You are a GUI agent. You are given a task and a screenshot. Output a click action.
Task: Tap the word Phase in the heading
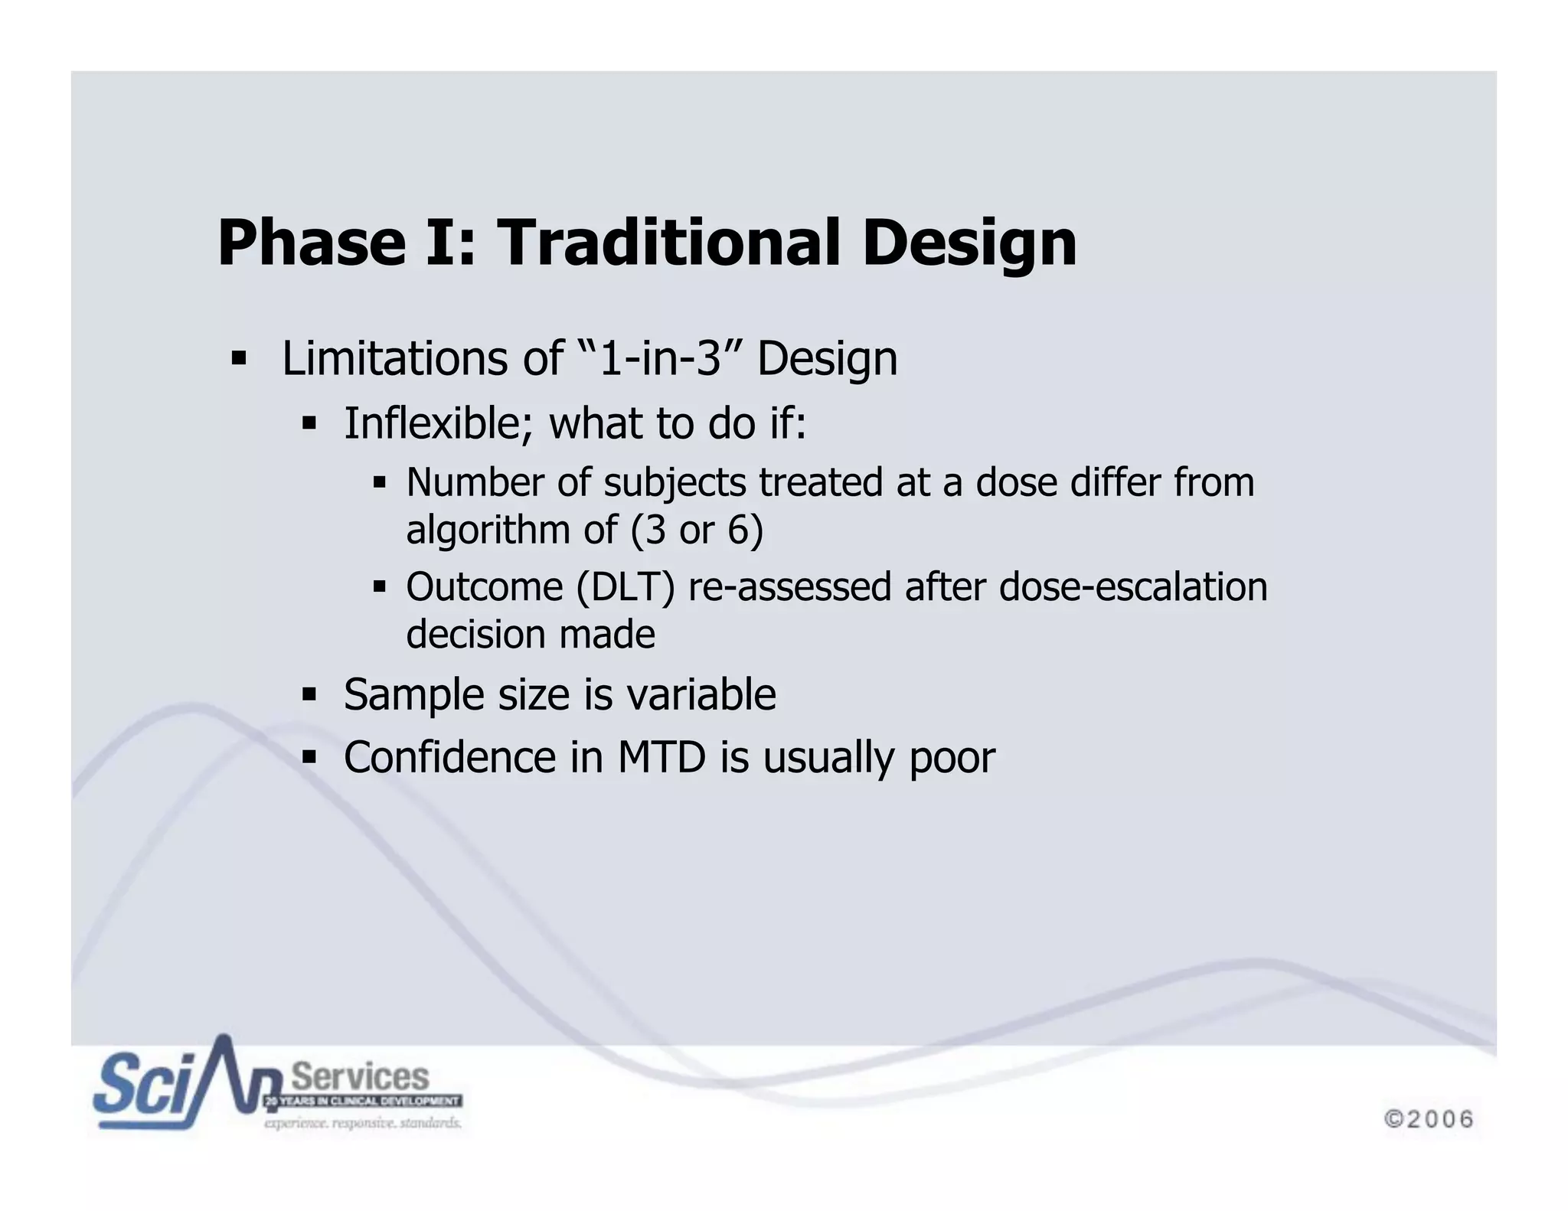(x=311, y=243)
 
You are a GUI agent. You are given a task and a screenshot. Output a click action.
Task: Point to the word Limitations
(x=397, y=358)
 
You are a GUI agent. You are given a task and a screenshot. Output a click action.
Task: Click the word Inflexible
(x=437, y=423)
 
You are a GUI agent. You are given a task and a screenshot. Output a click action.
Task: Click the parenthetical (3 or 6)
(x=697, y=530)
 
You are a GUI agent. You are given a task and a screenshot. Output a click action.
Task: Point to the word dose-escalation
(x=1133, y=587)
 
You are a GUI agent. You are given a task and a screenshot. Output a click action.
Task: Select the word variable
(x=701, y=694)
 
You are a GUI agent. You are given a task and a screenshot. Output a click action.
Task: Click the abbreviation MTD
(x=661, y=757)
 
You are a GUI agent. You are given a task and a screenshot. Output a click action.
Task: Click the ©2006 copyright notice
(x=1429, y=1119)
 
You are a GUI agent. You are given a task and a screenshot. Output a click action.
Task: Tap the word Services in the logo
(x=361, y=1077)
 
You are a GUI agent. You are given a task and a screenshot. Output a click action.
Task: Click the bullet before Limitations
(x=239, y=358)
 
